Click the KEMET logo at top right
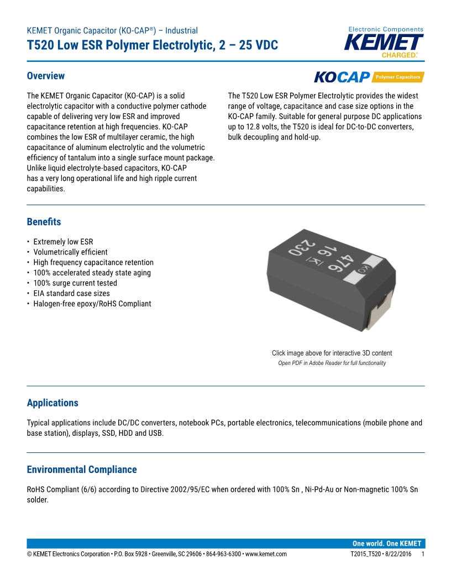[x=384, y=43]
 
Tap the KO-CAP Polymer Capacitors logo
[x=369, y=77]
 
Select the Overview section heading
[x=46, y=76]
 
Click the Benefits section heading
[x=44, y=222]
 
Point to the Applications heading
[x=53, y=403]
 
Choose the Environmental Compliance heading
[x=82, y=470]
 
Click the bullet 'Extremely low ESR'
[x=63, y=242]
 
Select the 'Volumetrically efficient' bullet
[x=70, y=252]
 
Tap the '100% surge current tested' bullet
[x=75, y=283]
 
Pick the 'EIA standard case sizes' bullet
[x=71, y=294]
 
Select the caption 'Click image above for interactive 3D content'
[x=332, y=353]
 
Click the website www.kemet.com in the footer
[x=266, y=554]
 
